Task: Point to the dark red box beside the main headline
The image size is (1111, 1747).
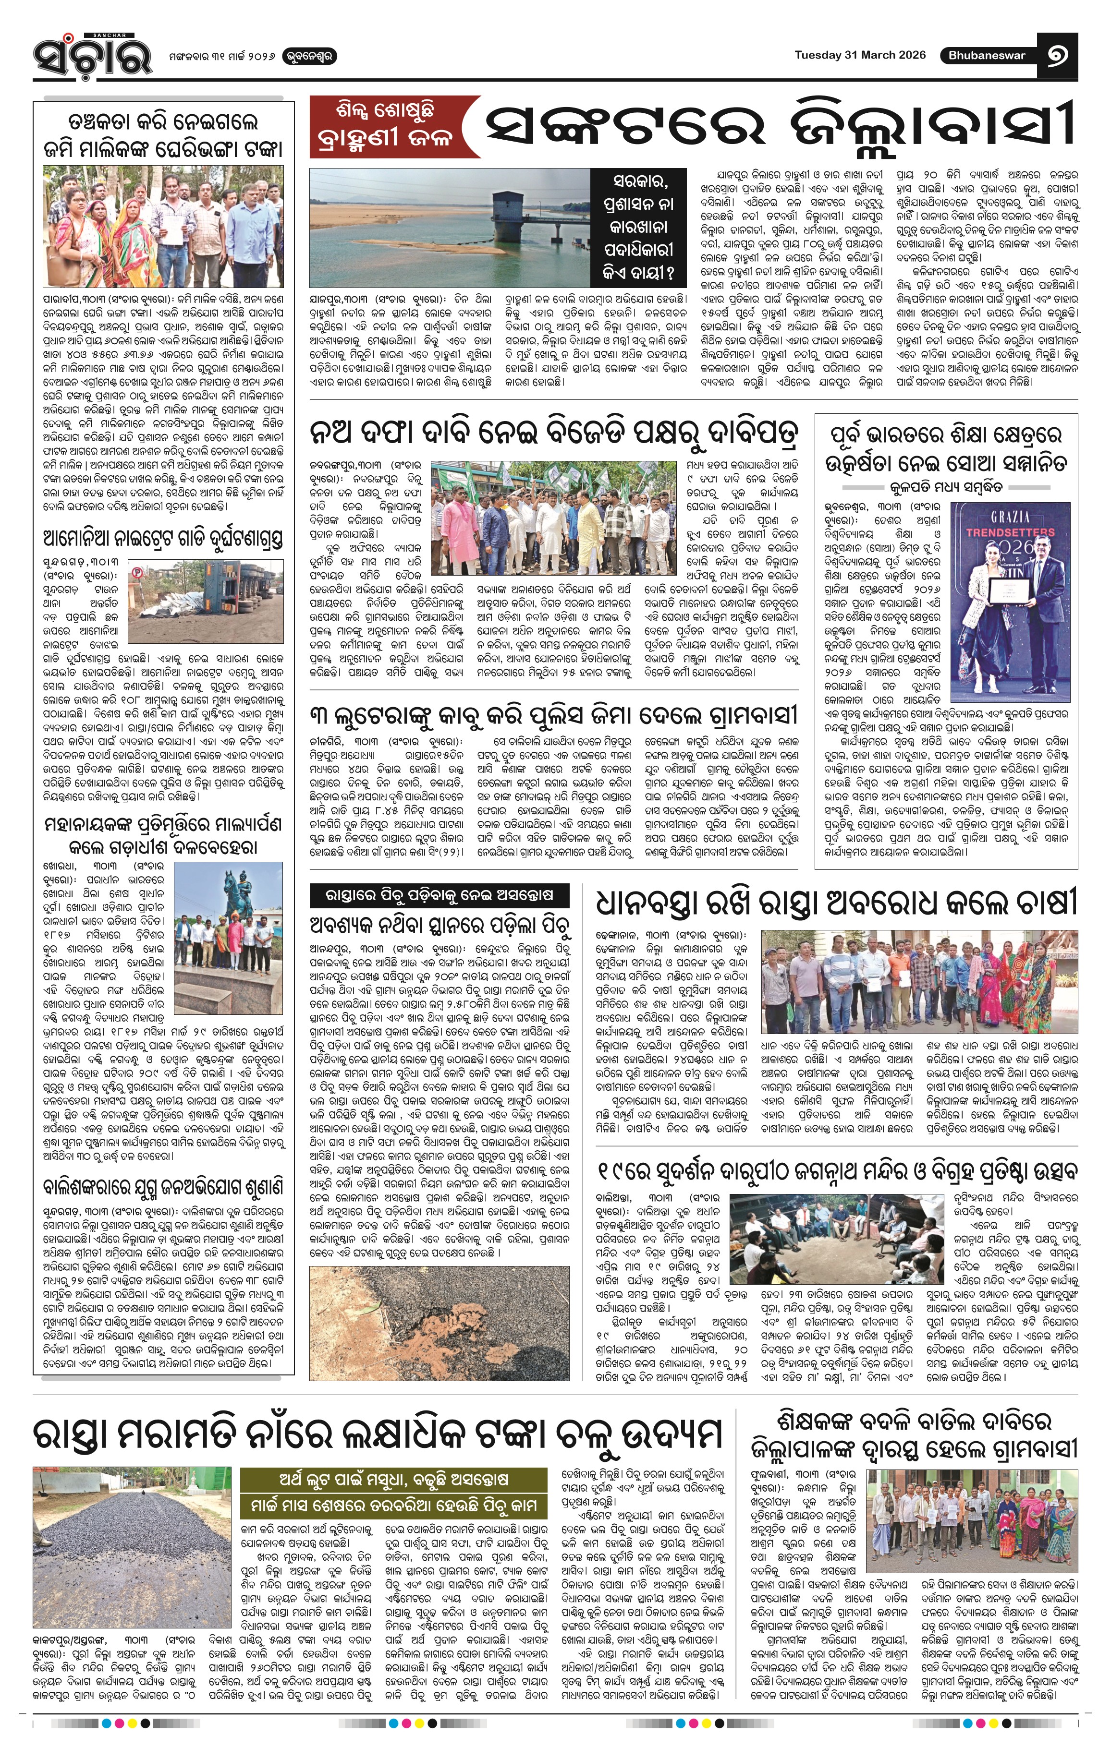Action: (392, 127)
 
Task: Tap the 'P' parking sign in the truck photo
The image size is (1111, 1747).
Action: (136, 572)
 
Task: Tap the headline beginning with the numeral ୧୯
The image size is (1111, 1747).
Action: (838, 1170)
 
